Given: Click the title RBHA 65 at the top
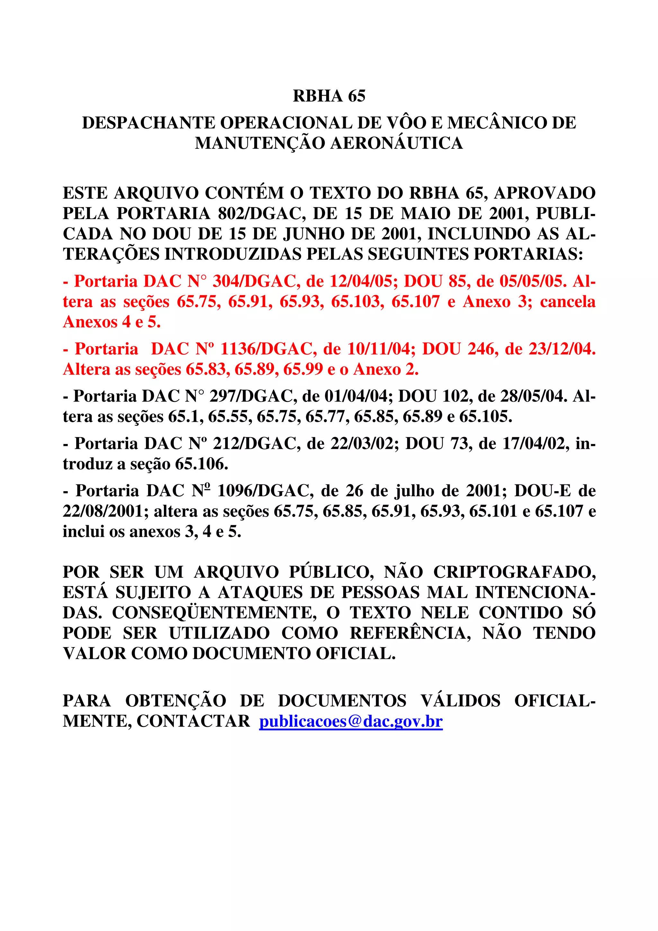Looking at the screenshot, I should tap(329, 96).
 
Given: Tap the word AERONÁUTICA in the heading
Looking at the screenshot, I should tap(396, 144).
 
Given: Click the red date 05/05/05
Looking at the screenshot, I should tap(533, 281).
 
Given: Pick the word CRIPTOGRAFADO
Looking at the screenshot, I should tap(514, 572).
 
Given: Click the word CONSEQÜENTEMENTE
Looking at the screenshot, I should tap(215, 613).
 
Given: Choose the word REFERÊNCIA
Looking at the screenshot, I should tap(410, 633).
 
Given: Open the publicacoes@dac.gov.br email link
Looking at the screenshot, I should tap(351, 721).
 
